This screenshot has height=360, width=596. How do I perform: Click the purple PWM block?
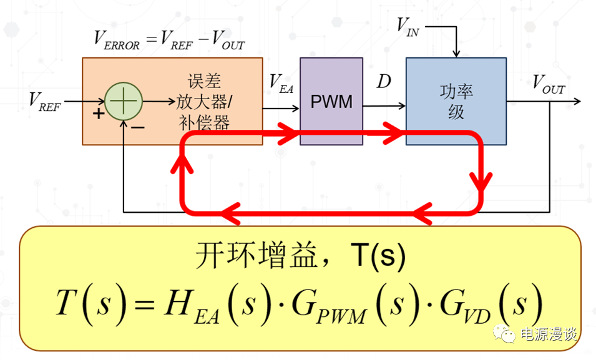pyautogui.click(x=331, y=101)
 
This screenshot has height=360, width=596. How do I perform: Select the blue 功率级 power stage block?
pyautogui.click(x=456, y=101)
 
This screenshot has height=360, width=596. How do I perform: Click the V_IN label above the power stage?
pyautogui.click(x=409, y=27)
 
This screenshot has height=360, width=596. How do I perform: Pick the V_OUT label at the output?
pyautogui.click(x=549, y=85)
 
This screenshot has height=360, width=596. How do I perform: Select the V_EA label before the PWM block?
pyautogui.click(x=281, y=84)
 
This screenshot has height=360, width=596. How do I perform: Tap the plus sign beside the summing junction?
pyautogui.click(x=98, y=114)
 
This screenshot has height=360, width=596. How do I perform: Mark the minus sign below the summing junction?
pyautogui.click(x=138, y=127)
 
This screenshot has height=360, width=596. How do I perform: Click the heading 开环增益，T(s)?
pyautogui.click(x=300, y=255)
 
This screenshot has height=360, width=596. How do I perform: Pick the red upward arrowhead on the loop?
pyautogui.click(x=180, y=163)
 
